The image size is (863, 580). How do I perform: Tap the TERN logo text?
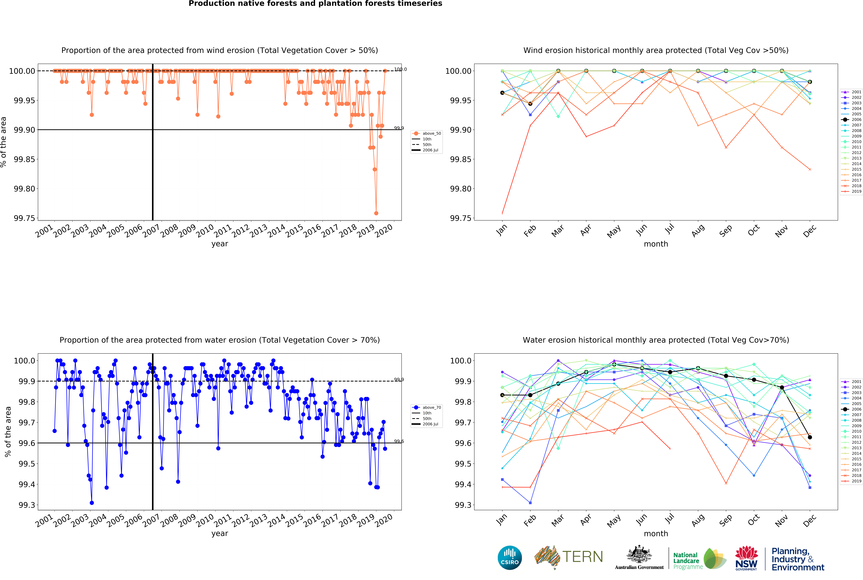(x=582, y=557)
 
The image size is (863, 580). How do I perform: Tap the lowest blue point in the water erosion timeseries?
(x=92, y=503)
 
